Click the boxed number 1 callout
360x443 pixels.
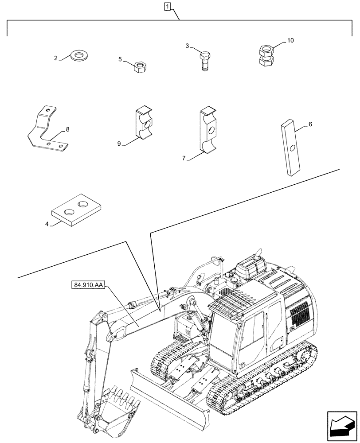tap(167, 6)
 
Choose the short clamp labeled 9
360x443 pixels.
tap(145, 124)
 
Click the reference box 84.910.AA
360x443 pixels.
tap(87, 286)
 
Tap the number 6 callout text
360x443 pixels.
tap(310, 125)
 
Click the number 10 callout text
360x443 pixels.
tap(290, 40)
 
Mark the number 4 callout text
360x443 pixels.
tap(47, 224)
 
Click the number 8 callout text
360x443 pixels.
tap(67, 130)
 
